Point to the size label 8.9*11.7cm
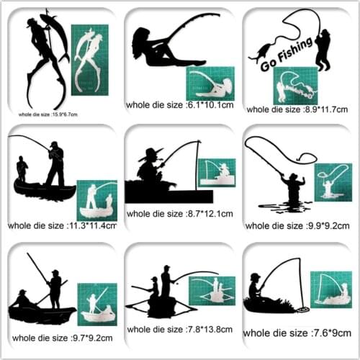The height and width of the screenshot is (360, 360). tap(297, 109)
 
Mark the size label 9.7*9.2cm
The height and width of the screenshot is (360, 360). tap(60, 336)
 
